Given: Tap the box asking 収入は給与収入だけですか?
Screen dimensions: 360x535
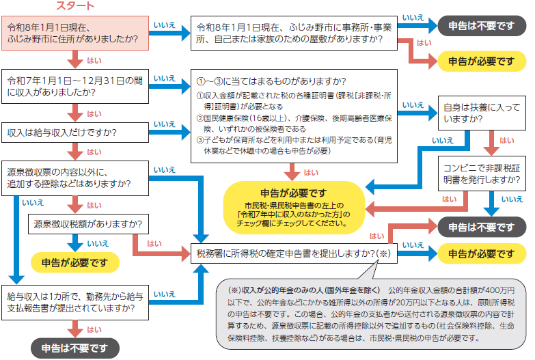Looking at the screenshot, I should (x=72, y=130).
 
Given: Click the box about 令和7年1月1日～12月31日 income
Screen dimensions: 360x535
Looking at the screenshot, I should (x=72, y=86).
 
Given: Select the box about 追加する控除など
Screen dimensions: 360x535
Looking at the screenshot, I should (x=72, y=177).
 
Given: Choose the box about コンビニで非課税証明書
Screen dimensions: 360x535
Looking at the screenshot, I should (x=481, y=173).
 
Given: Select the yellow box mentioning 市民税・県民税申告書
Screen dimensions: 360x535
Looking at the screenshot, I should (x=294, y=205).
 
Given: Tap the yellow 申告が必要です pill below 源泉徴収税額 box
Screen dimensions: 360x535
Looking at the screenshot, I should (x=74, y=261).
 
